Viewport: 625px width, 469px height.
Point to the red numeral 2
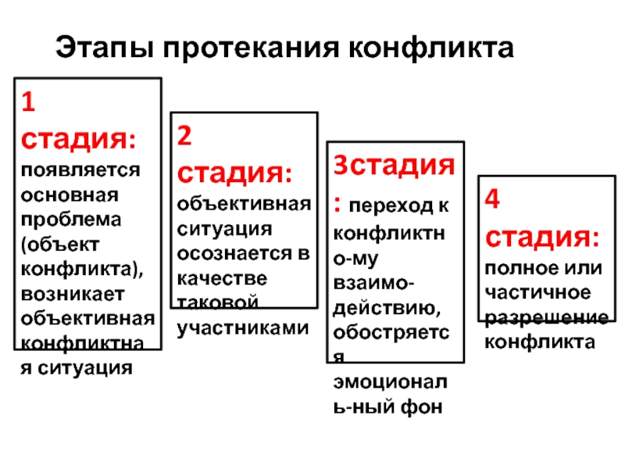click(185, 137)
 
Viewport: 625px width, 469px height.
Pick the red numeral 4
click(492, 199)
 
